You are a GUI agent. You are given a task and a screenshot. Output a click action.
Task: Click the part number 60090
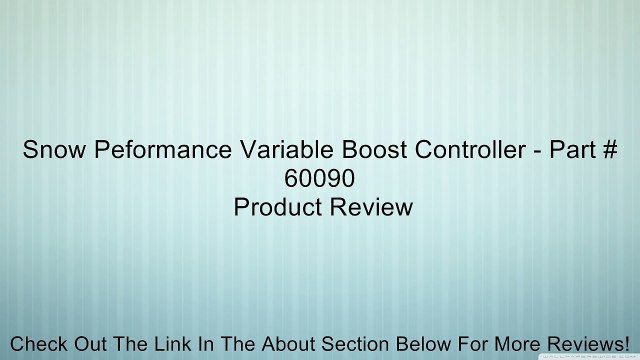pyautogui.click(x=320, y=181)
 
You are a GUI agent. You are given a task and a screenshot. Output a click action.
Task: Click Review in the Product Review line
pyautogui.click(x=373, y=208)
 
